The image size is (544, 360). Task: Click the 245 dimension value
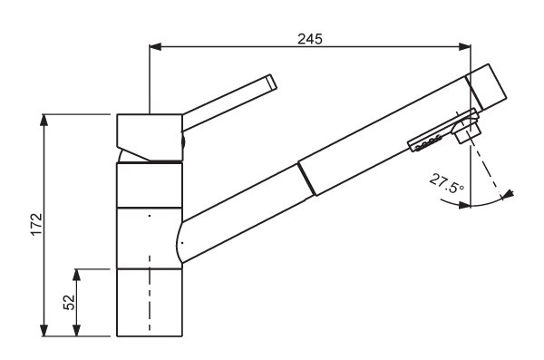tap(310, 38)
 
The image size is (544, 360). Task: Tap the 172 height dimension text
tap(37, 225)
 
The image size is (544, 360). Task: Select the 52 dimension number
tap(70, 302)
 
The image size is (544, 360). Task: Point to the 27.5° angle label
tap(446, 183)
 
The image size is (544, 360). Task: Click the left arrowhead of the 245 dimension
tap(155, 46)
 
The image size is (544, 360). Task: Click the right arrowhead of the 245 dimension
tap(464, 46)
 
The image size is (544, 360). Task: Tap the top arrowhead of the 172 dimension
tap(44, 120)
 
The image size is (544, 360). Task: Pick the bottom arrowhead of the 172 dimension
tap(44, 330)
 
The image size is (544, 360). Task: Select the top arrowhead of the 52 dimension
tap(77, 275)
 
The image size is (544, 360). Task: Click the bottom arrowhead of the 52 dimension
tap(77, 330)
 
